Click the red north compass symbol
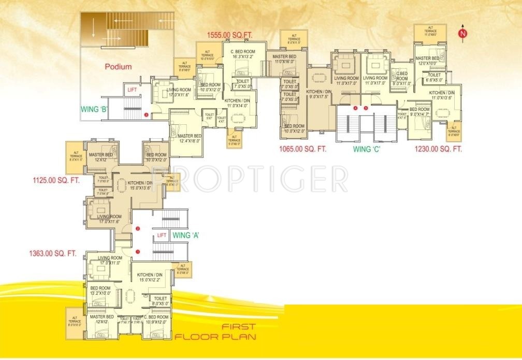click(462, 33)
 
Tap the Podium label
click(118, 66)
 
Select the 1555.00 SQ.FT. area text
click(229, 35)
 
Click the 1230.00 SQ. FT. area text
click(438, 149)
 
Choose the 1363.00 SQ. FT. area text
click(53, 254)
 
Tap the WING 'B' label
click(94, 109)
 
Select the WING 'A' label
click(186, 235)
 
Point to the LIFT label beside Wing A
click(162, 235)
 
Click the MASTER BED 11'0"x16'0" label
click(284, 59)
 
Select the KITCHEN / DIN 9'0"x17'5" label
click(318, 93)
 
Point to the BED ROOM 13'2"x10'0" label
click(100, 290)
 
